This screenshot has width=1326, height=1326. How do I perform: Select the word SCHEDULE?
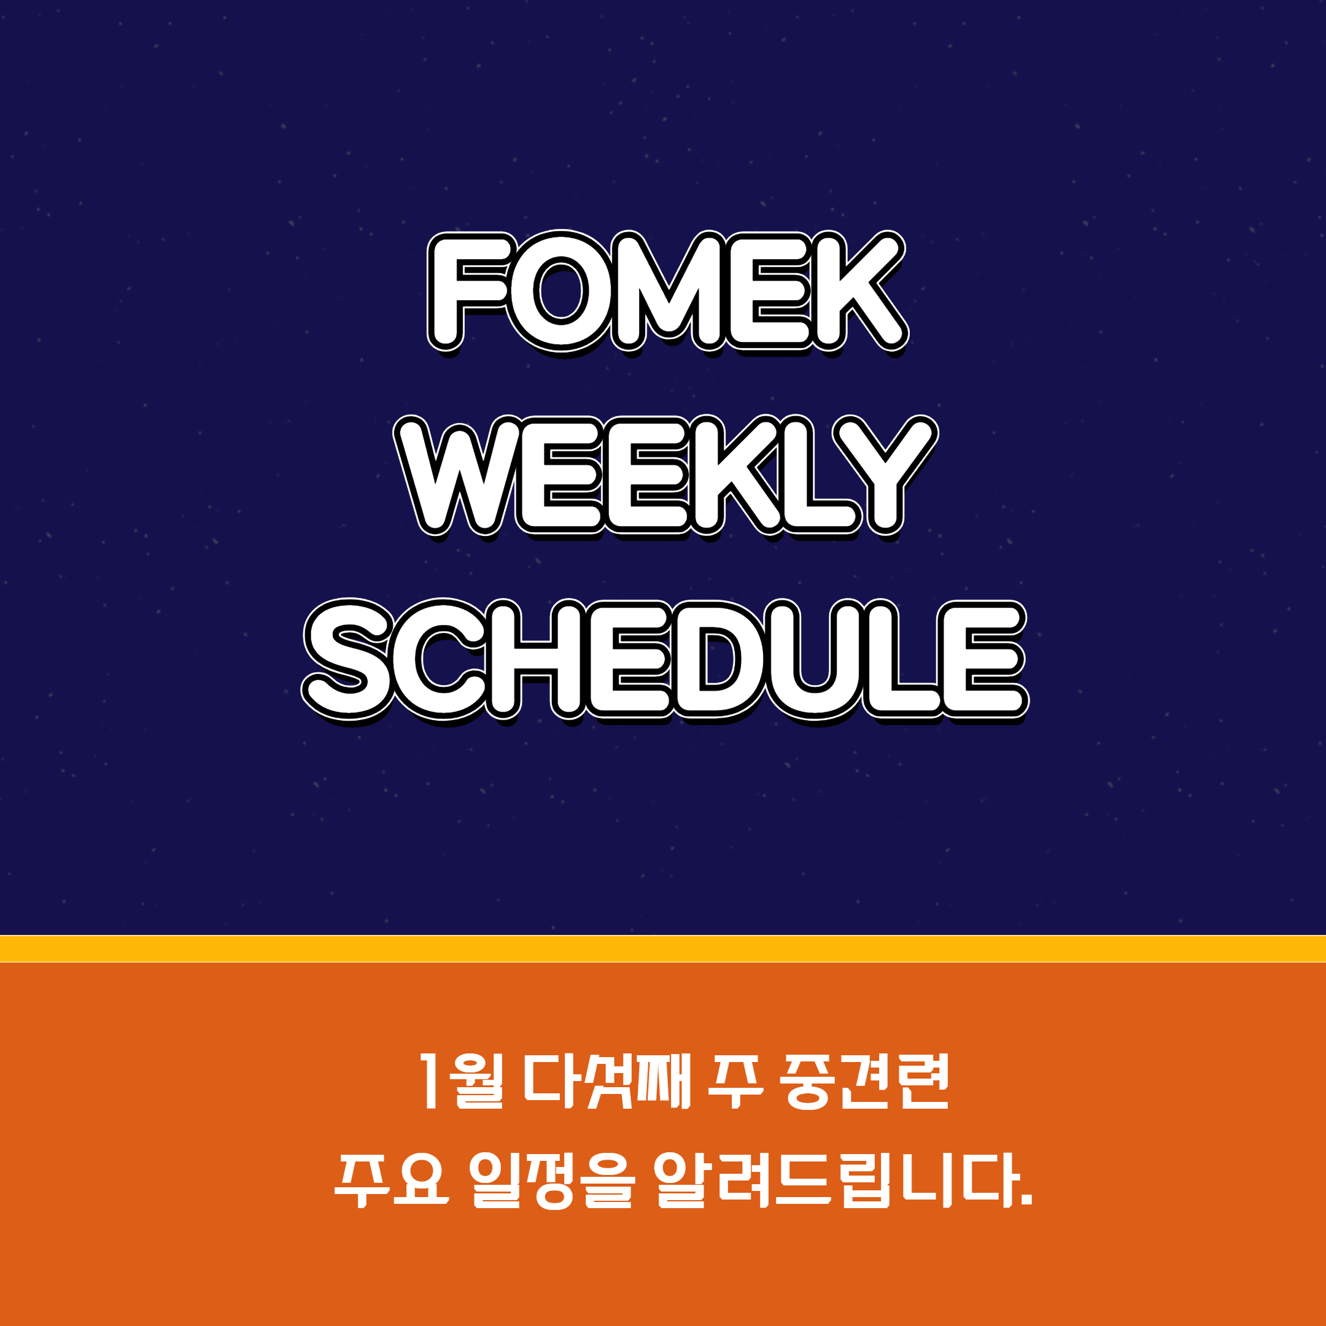[664, 661]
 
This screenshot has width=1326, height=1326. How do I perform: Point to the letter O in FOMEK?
[562, 292]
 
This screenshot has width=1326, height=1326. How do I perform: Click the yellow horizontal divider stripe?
[663, 948]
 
